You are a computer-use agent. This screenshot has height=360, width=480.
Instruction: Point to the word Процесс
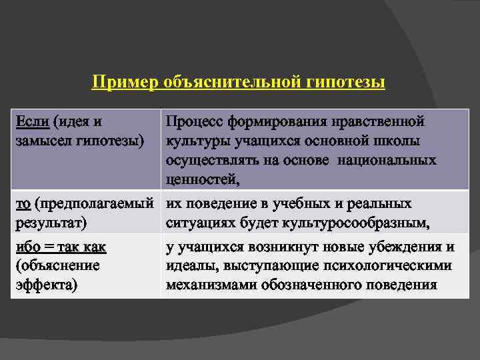(193, 122)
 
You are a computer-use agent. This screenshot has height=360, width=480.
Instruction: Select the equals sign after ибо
(49, 247)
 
